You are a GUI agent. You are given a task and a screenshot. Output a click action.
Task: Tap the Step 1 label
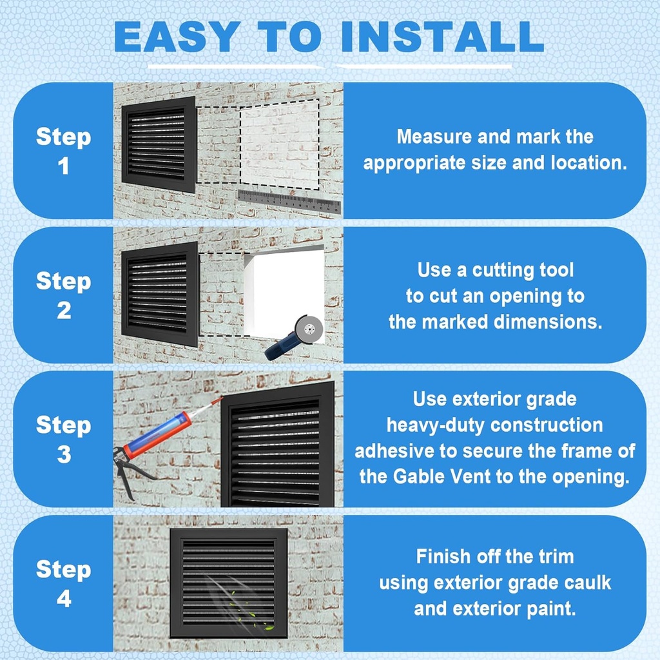63,151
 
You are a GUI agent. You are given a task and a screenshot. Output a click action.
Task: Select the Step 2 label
63,295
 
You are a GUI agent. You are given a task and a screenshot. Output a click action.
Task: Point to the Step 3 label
63,440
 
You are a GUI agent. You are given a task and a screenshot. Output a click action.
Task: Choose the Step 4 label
63,584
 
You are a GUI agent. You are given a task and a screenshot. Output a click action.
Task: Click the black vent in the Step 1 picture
159,144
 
